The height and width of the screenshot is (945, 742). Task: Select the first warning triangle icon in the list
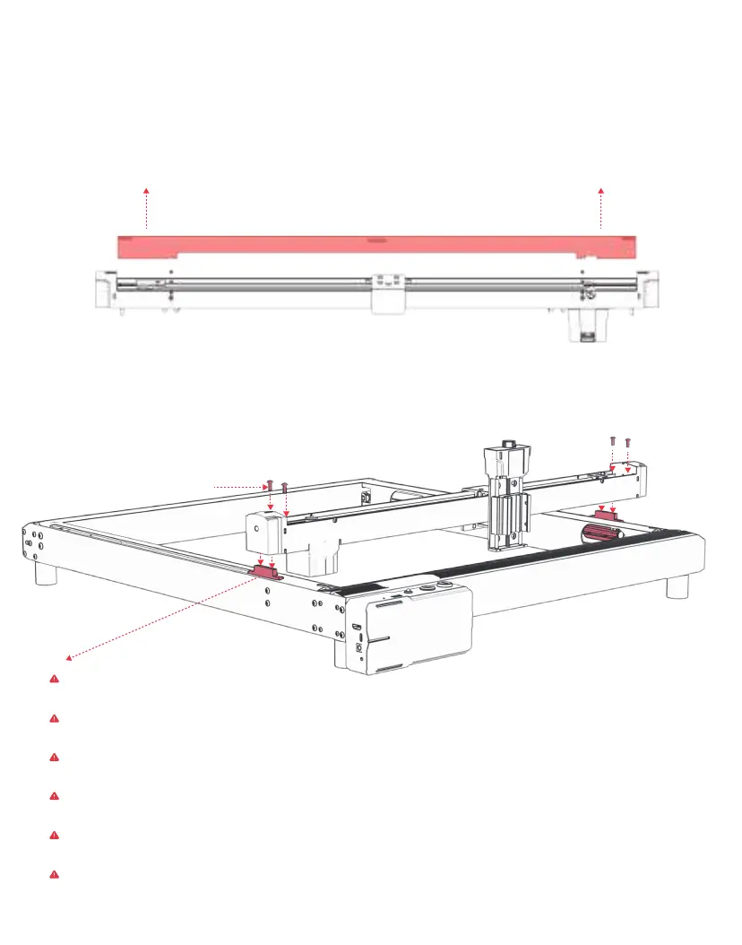[x=54, y=680]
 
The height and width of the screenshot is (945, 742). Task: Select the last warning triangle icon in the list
[x=54, y=872]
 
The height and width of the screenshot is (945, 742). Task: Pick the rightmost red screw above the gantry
[x=627, y=441]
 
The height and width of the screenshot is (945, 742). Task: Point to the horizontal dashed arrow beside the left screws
[x=237, y=486]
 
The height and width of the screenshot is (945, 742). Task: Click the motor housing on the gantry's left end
[x=265, y=533]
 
